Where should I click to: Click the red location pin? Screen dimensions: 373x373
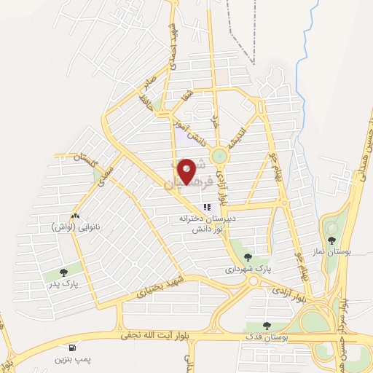[187, 171]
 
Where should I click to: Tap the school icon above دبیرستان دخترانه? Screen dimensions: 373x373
[207, 208]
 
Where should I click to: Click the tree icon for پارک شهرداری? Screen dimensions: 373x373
[248, 256]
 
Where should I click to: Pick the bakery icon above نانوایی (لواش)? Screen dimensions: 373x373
[76, 216]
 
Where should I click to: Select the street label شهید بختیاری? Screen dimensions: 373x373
[157, 287]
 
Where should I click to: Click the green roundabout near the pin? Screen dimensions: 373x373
[219, 156]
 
